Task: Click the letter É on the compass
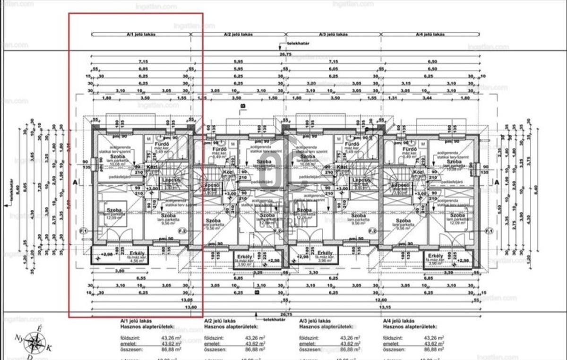click(x=40, y=328)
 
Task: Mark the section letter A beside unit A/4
click(x=497, y=181)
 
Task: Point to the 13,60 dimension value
click(x=192, y=307)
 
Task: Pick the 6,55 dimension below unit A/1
click(x=141, y=278)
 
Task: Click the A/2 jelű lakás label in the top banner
click(x=238, y=34)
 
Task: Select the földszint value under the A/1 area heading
click(x=161, y=338)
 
